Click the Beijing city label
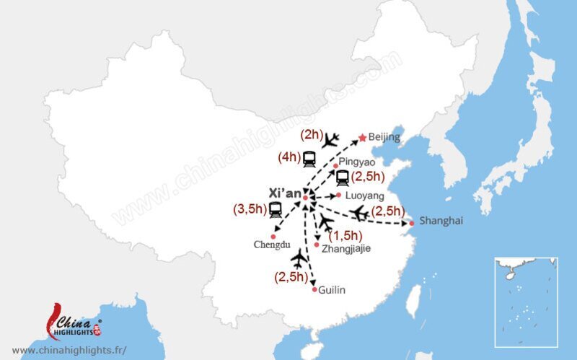[x=384, y=137]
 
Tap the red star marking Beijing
[x=362, y=137]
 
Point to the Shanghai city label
[x=441, y=221]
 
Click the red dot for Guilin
[x=314, y=289]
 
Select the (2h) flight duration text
[x=311, y=135]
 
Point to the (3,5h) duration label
[x=249, y=209]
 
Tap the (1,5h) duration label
[x=345, y=234]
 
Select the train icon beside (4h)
[x=309, y=158]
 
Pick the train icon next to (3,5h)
[x=276, y=210]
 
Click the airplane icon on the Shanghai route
[x=359, y=213]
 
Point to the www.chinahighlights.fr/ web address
[x=69, y=350]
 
